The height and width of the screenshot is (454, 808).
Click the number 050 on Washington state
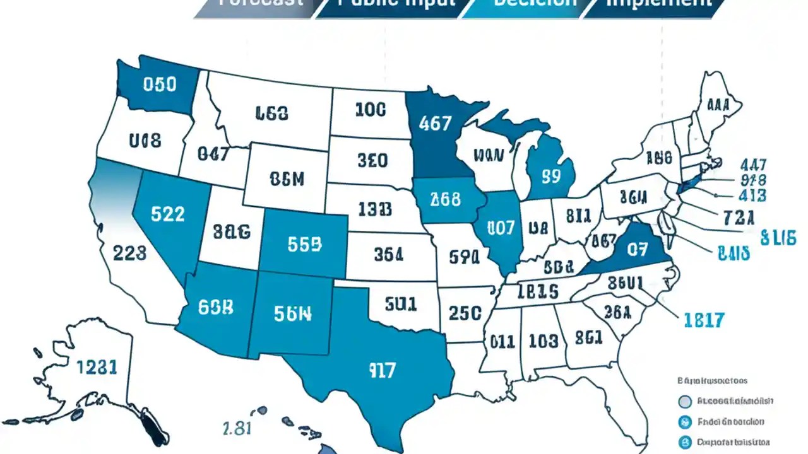click(x=160, y=84)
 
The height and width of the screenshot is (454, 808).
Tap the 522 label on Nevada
click(x=168, y=214)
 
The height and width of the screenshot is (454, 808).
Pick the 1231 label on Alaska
click(x=97, y=367)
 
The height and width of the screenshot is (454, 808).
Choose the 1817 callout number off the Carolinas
click(x=704, y=320)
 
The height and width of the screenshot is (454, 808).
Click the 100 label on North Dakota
click(x=370, y=110)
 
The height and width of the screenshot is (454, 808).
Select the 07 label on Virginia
click(x=637, y=249)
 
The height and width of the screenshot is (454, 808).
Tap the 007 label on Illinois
click(x=501, y=228)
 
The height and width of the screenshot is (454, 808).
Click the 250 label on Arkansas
click(x=465, y=313)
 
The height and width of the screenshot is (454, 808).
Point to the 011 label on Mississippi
click(x=502, y=342)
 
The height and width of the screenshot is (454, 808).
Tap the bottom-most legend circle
click(x=683, y=442)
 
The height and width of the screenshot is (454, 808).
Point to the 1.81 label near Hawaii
click(x=238, y=428)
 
